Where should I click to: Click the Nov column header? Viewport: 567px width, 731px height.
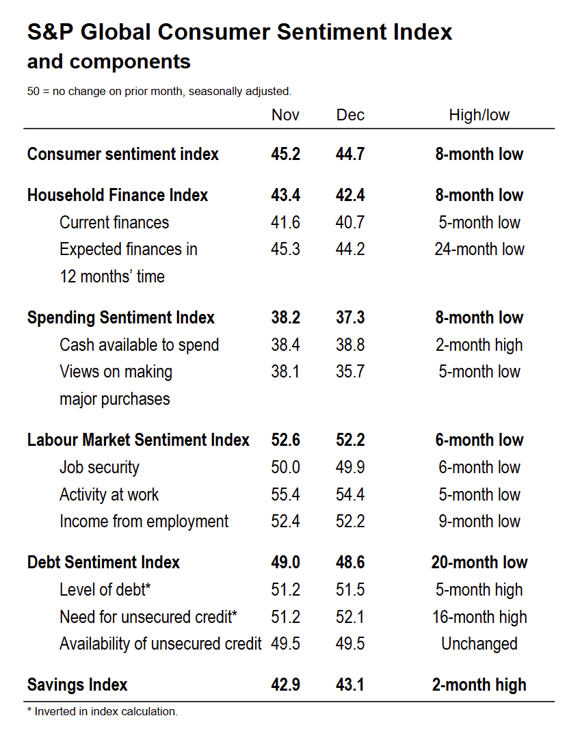point(285,115)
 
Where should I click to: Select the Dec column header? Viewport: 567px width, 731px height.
point(350,115)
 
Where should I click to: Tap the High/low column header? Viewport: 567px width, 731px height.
point(479,115)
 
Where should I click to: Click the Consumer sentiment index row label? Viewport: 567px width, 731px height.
point(123,154)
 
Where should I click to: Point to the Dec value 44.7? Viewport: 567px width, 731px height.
point(350,154)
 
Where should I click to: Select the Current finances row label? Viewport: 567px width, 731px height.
point(114,222)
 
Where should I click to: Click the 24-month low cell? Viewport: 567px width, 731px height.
point(479,249)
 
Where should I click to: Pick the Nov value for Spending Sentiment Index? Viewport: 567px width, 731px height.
point(285,317)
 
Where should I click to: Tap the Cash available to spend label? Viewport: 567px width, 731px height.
point(139,345)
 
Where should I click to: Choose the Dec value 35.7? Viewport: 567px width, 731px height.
point(350,371)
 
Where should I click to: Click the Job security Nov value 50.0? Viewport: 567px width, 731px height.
point(285,468)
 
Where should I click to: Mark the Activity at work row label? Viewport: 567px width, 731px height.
point(109,494)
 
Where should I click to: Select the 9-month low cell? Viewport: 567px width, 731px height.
point(479,521)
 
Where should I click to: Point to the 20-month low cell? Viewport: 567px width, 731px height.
point(479,562)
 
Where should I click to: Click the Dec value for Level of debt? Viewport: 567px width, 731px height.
point(350,589)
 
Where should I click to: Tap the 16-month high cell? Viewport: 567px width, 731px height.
point(479,617)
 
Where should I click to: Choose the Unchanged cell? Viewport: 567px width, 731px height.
point(479,643)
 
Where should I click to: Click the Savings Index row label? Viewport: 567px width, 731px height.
point(77,685)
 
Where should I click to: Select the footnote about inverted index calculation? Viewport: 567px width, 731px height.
point(102,711)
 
